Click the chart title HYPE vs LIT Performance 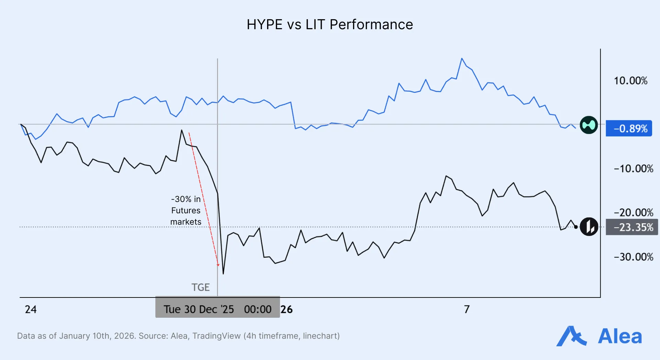pyautogui.click(x=330, y=25)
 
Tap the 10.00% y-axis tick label pyautogui.click(x=630, y=81)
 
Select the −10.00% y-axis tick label pyautogui.click(x=633, y=169)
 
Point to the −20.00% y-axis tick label pyautogui.click(x=633, y=213)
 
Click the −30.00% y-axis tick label pyautogui.click(x=633, y=257)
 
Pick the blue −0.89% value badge pyautogui.click(x=628, y=128)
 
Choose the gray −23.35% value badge pyautogui.click(x=631, y=227)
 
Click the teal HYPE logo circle pyautogui.click(x=588, y=125)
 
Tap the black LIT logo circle pyautogui.click(x=589, y=227)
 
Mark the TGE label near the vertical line pyautogui.click(x=200, y=287)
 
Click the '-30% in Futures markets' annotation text pyautogui.click(x=186, y=210)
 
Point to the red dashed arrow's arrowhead pyautogui.click(x=218, y=265)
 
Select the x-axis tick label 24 pyautogui.click(x=31, y=310)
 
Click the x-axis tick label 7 pyautogui.click(x=466, y=310)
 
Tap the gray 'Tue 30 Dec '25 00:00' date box pyautogui.click(x=217, y=307)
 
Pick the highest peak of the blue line pyautogui.click(x=462, y=59)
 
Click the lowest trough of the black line pyautogui.click(x=223, y=274)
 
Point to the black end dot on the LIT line pyautogui.click(x=576, y=227)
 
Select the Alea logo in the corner pyautogui.click(x=599, y=336)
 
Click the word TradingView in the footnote pyautogui.click(x=216, y=336)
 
